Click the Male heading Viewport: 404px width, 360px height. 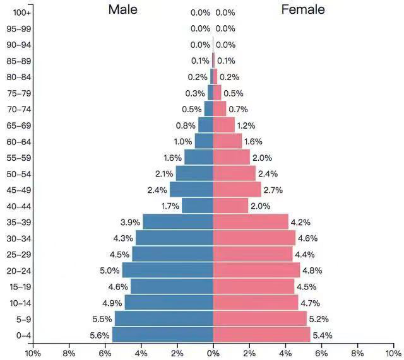[122, 9]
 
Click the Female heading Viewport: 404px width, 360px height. [303, 9]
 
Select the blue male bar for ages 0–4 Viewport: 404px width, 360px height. [162, 335]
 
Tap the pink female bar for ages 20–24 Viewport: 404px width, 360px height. [256, 270]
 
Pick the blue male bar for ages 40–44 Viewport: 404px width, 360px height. [197, 206]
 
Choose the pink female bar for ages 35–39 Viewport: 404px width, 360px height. [251, 222]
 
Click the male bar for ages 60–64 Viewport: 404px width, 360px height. [203, 141]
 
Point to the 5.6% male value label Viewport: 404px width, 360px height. [99, 335]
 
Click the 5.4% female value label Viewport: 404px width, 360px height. [322, 335]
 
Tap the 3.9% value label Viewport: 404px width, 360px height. [130, 222]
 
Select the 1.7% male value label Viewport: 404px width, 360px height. [170, 206]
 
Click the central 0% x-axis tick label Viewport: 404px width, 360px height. [213, 353]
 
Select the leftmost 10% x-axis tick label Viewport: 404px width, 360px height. [32, 353]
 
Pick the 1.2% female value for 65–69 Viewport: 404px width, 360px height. [247, 125]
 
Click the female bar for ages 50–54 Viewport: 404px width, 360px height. [234, 173]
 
